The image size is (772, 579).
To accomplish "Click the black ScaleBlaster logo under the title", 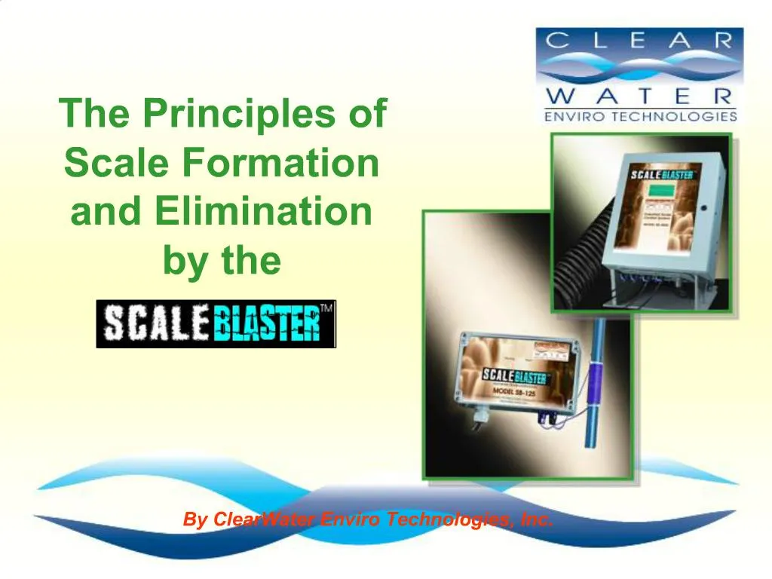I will [216, 324].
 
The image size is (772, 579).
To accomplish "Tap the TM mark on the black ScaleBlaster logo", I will [326, 308].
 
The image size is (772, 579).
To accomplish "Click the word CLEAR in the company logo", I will [639, 41].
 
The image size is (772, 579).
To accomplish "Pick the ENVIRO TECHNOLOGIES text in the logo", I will [639, 116].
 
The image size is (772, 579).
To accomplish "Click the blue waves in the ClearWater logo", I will [639, 69].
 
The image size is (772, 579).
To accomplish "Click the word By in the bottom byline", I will [195, 519].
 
